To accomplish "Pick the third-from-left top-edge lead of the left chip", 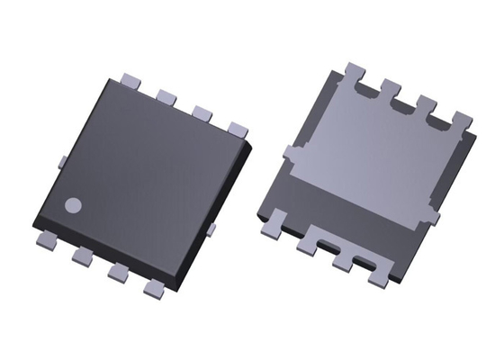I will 202,112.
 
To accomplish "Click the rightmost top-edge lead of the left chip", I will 236,128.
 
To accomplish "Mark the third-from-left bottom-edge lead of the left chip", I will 117,272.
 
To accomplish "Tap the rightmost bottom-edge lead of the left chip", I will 152,289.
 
